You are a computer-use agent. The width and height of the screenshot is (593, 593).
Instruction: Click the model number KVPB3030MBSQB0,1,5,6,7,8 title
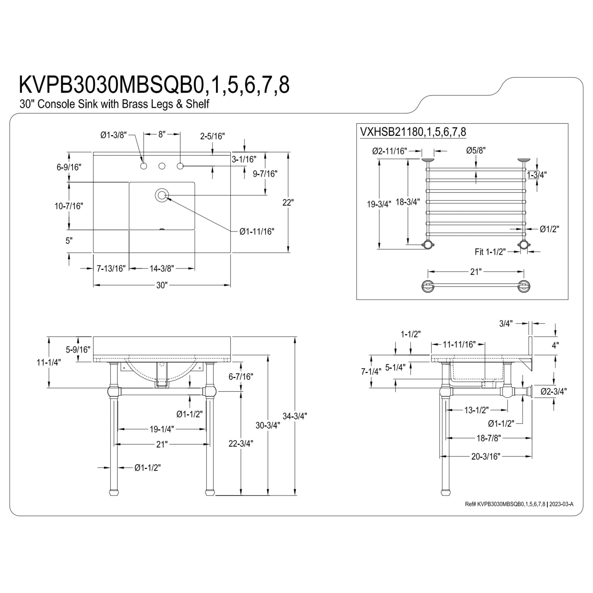pos(154,85)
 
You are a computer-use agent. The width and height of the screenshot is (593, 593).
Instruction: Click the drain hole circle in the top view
pos(162,195)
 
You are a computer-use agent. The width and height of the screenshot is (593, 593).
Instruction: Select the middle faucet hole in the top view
pos(162,166)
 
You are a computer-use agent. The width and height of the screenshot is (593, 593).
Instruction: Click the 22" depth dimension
pos(288,203)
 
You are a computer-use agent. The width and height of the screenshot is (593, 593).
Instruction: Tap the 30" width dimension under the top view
pos(162,285)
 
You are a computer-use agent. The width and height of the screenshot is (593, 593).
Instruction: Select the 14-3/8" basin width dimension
pos(162,269)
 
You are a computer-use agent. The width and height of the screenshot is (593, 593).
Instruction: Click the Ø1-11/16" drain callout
pos(257,232)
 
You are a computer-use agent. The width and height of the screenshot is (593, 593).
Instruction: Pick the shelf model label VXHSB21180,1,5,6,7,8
pos(413,132)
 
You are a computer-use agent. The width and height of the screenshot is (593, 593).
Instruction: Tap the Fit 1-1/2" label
pos(490,252)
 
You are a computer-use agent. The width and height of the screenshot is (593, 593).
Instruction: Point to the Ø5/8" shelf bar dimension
pos(476,150)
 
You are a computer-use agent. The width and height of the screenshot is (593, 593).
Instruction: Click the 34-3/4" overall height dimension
pos(295,416)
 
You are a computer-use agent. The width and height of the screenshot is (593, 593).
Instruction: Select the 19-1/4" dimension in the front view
pos(162,429)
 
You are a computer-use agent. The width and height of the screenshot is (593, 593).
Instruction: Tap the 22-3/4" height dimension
pos(241,444)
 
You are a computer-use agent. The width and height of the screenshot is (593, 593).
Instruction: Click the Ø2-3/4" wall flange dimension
pos(554,391)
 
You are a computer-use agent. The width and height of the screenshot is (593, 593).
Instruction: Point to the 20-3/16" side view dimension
pos(486,465)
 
